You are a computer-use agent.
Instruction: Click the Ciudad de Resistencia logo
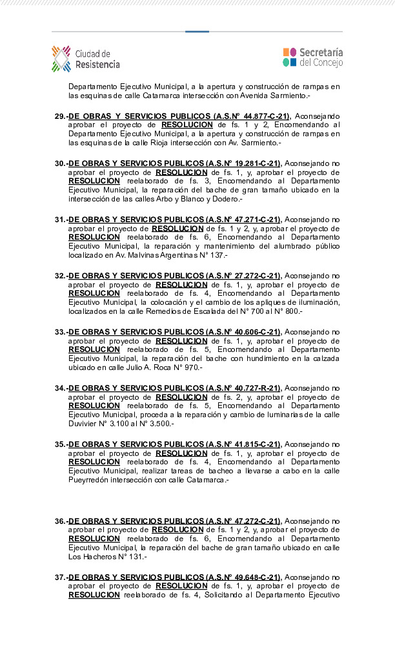point(86,59)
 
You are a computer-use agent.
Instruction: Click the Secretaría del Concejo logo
point(313,57)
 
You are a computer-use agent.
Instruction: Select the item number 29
point(60,116)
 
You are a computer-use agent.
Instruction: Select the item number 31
point(60,220)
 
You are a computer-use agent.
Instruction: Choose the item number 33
point(60,332)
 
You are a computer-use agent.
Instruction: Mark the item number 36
point(60,521)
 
